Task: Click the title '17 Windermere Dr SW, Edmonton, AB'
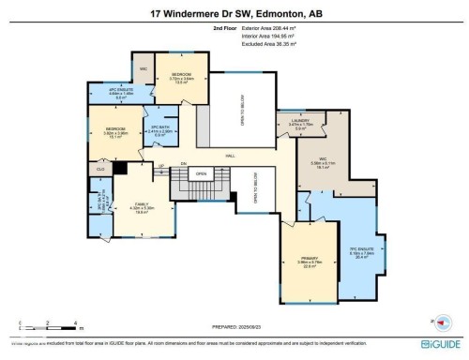coord(234,14)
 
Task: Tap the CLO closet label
coord(99,169)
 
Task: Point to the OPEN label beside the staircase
coord(200,173)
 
